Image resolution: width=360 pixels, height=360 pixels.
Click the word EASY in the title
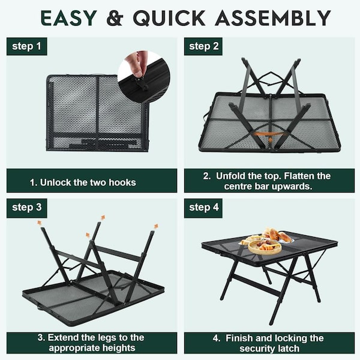(x=68, y=18)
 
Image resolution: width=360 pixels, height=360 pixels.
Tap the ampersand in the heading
(x=115, y=18)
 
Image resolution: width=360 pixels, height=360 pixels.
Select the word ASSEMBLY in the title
(x=273, y=18)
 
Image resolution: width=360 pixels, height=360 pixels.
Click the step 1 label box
(x=26, y=46)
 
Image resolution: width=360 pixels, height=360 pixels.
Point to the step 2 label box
(x=203, y=46)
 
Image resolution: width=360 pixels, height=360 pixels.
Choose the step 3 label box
(x=26, y=208)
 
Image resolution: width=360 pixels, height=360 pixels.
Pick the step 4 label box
(x=203, y=208)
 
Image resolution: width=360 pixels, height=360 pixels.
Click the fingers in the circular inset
(x=136, y=63)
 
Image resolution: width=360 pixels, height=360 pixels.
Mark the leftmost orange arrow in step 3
(x=40, y=223)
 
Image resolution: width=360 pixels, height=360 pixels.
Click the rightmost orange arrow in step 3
(x=156, y=226)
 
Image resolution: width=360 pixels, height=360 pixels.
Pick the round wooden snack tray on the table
(x=265, y=247)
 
